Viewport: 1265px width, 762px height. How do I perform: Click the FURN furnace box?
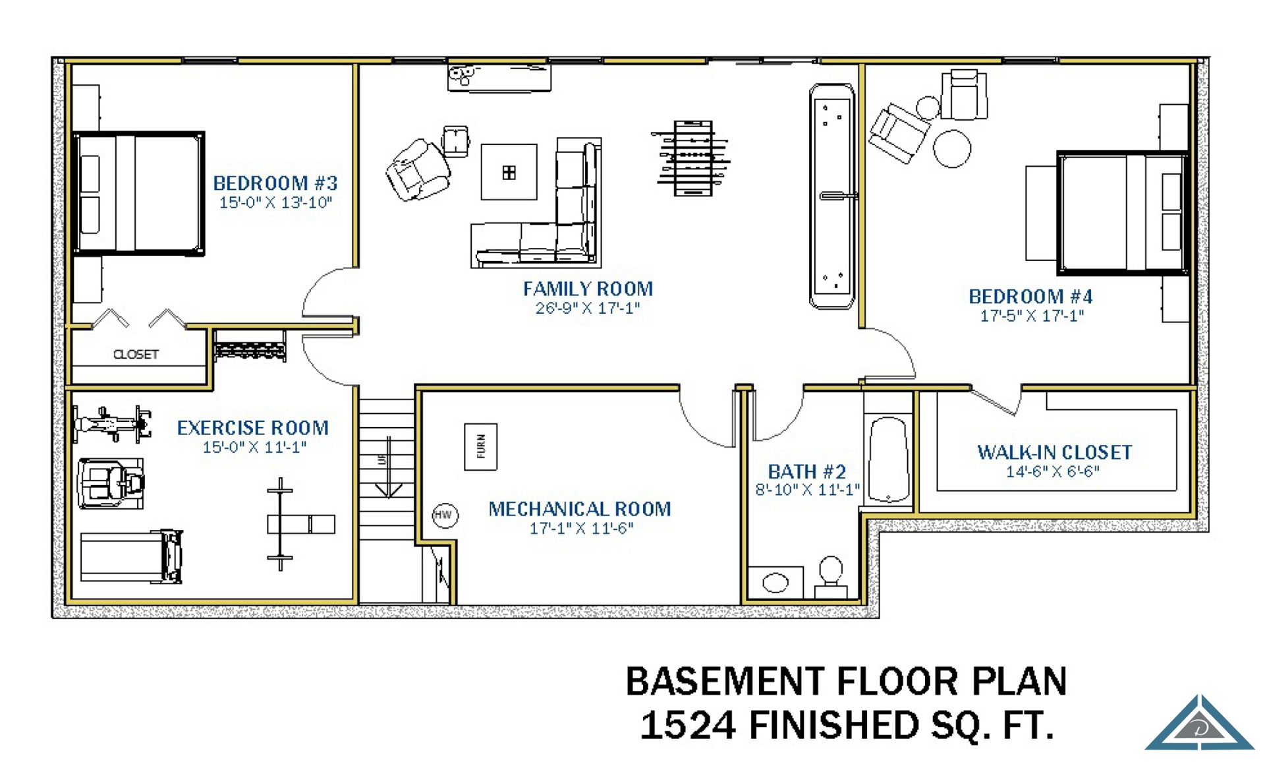[480, 446]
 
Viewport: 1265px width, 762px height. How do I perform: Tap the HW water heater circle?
[445, 515]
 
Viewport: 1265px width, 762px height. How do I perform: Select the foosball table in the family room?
[692, 158]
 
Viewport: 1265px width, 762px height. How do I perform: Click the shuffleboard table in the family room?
[832, 196]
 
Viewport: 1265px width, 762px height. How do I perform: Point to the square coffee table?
[509, 172]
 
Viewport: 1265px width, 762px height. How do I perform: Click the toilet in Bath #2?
[831, 577]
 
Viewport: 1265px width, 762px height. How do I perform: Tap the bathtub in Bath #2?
[889, 460]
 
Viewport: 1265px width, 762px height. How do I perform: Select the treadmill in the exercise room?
[131, 557]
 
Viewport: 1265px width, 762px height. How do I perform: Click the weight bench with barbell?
[290, 524]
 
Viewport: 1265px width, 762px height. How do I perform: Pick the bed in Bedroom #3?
[138, 193]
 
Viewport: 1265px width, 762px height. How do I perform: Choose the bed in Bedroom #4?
[1123, 213]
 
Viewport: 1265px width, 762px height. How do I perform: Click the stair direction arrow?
[389, 467]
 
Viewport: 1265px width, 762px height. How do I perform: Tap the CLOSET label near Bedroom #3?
[136, 355]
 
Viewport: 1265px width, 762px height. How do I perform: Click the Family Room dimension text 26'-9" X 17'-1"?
[588, 308]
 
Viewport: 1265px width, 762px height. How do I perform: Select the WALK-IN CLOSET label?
[1054, 452]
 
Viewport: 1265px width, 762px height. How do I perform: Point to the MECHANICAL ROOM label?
[580, 509]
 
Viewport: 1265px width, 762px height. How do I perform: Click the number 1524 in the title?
[688, 725]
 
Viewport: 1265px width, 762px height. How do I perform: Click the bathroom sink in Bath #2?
[775, 583]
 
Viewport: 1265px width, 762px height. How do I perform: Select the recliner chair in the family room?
[418, 169]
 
